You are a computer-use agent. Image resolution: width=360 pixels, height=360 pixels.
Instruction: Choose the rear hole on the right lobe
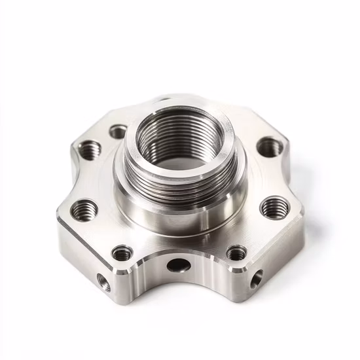(270, 147)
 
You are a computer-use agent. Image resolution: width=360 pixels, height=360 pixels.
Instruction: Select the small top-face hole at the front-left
(122, 253)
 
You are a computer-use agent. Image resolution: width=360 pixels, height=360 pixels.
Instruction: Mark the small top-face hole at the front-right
(236, 253)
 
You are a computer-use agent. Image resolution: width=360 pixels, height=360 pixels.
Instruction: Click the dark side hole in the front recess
(178, 265)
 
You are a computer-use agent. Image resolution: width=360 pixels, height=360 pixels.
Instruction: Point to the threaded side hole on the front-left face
(104, 282)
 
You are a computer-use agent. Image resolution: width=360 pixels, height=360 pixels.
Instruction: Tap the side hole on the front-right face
(257, 278)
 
